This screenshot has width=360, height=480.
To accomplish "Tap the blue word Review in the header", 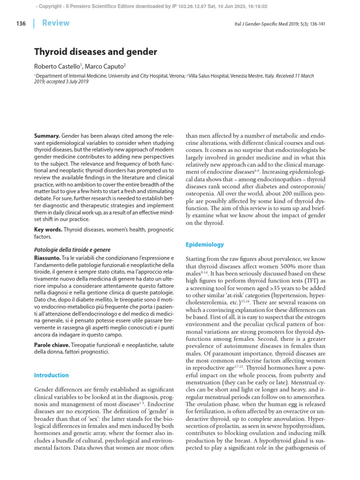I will click(56, 23).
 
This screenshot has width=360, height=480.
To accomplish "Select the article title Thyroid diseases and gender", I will click(96, 52).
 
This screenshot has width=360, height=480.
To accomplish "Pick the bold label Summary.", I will click(47, 135).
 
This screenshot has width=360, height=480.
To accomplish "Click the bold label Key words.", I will click(48, 230).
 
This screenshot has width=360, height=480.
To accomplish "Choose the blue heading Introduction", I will click(52, 375).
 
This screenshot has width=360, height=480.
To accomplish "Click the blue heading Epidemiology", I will click(205, 245).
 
